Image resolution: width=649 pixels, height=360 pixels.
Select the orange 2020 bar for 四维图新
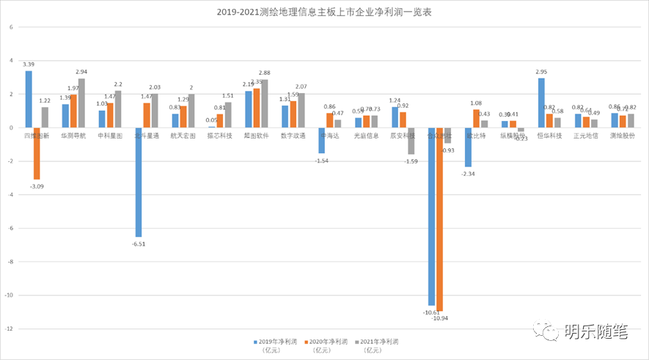(37, 153)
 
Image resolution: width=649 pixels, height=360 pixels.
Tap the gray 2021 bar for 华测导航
(81, 103)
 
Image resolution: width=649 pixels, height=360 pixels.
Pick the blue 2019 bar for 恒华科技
(541, 103)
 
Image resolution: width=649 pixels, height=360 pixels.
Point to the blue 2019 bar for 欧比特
(468, 147)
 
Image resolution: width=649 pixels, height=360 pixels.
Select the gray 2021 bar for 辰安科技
(411, 141)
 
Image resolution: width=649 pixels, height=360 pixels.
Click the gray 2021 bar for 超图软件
(265, 104)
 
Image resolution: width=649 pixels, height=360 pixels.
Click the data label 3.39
(29, 65)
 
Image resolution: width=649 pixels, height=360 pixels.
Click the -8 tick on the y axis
(10, 262)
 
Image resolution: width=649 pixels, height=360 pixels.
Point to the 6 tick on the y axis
(11, 27)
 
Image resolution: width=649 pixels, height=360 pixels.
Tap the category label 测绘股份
(623, 136)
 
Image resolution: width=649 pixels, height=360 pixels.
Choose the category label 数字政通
(293, 136)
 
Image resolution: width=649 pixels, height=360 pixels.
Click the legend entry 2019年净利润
(275, 342)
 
